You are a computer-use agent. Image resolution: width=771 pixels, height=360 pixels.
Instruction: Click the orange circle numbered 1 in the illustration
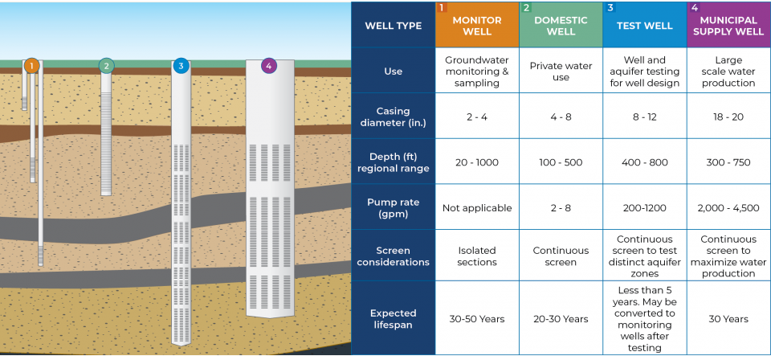pos(31,66)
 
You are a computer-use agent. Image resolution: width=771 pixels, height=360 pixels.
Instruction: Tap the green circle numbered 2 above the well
pos(106,66)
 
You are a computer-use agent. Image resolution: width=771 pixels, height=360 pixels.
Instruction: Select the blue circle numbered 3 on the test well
pos(181,66)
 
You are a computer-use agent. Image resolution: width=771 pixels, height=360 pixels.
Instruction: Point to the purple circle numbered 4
pos(268,66)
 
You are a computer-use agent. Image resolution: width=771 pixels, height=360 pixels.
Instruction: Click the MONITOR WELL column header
pos(477,26)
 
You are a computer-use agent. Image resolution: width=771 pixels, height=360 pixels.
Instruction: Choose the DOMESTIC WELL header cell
pos(561,26)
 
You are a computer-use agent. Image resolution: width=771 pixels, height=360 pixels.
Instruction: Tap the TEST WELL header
pos(644,26)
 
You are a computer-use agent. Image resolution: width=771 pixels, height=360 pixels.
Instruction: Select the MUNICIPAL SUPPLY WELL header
pos(728,26)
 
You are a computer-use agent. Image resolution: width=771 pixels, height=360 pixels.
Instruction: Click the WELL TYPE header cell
pos(394,26)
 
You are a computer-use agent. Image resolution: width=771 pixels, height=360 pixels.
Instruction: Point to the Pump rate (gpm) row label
pos(394,207)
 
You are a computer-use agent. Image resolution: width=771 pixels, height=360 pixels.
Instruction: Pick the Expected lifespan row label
pos(394,319)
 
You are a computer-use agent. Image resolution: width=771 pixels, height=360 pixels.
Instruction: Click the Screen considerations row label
pos(394,256)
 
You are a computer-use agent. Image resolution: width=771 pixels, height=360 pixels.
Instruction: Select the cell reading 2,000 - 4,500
pos(728,207)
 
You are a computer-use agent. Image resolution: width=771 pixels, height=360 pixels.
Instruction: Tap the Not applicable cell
pos(477,207)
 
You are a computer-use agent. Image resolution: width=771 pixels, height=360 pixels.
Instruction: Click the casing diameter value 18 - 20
pos(728,117)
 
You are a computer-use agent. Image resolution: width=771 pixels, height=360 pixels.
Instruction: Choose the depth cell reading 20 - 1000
pos(477,162)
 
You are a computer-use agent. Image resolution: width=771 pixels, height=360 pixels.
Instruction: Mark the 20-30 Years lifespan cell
pos(561,319)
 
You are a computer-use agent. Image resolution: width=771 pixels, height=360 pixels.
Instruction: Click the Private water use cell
pos(561,72)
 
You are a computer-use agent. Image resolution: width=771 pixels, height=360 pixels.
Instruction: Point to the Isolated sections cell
pos(477,256)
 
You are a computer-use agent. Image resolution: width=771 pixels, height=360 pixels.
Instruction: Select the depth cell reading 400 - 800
pos(644,162)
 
